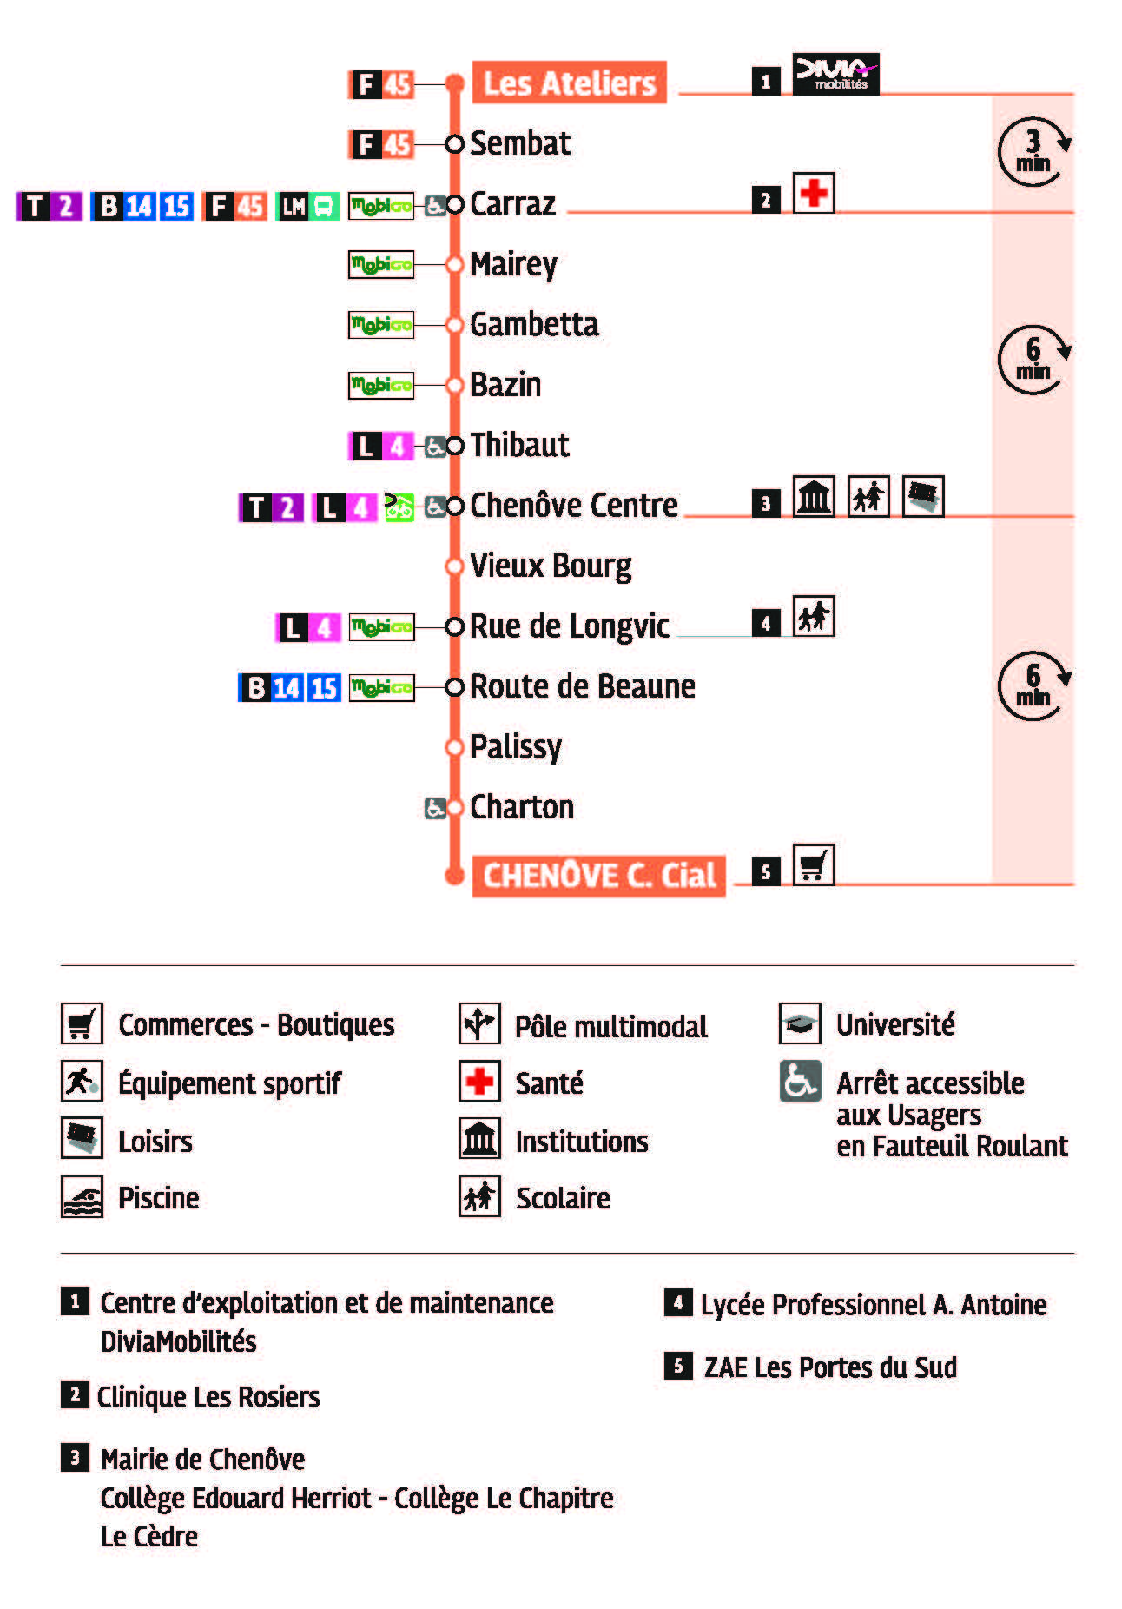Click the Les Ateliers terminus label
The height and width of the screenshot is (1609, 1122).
569,83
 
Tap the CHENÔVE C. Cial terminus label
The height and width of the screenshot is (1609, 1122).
598,875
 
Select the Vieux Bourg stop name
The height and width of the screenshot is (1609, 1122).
551,566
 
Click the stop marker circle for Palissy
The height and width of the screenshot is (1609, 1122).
453,747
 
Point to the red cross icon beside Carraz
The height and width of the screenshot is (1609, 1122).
814,193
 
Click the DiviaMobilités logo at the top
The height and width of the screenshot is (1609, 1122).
835,74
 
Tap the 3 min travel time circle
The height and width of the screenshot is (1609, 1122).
1033,152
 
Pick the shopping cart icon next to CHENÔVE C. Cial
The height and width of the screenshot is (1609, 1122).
814,864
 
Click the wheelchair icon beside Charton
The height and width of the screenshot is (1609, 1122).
434,808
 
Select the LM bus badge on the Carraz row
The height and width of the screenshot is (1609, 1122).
307,206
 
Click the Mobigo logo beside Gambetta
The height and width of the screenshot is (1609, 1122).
381,325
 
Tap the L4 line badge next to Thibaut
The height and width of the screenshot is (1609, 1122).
380,446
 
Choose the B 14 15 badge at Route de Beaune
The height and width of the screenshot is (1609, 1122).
289,687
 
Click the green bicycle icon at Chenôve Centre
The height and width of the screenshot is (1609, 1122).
399,506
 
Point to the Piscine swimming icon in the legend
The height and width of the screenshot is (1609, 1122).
82,1197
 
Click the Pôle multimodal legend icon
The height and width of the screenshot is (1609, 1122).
479,1023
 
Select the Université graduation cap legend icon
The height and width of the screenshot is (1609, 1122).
800,1023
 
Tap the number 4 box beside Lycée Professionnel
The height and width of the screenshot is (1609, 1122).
678,1302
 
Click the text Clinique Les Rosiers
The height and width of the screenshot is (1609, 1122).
208,1397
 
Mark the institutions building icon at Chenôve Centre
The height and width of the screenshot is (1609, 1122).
814,497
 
